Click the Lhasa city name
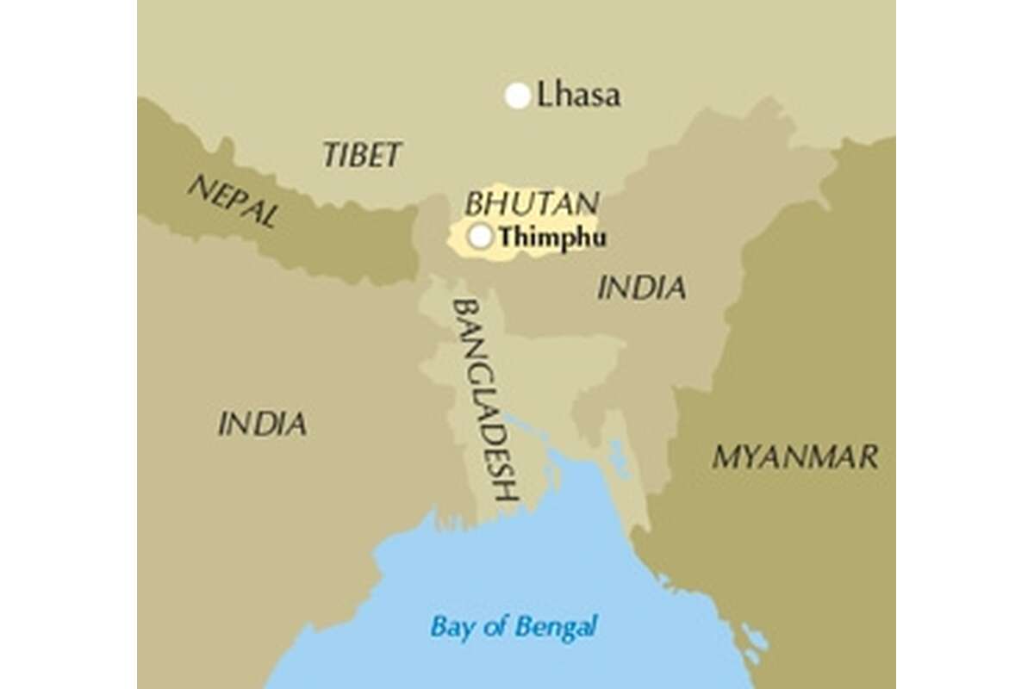[578, 95]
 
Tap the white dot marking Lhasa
[517, 96]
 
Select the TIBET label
[362, 155]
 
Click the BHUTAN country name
[532, 204]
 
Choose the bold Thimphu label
[552, 237]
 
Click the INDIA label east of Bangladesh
[642, 288]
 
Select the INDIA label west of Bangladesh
[262, 423]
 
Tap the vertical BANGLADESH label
[485, 400]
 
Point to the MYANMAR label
[795, 456]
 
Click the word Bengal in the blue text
[561, 627]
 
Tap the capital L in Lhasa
[544, 95]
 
